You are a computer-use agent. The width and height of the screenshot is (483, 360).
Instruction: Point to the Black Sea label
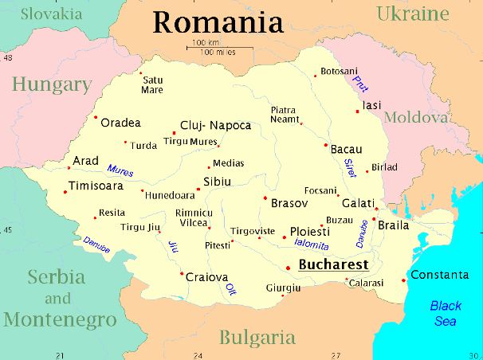[446, 313]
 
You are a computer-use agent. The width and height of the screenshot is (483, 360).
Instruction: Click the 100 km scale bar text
[206, 42]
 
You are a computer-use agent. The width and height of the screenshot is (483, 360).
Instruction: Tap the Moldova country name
[416, 118]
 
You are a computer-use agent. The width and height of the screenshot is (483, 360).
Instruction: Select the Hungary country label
[51, 84]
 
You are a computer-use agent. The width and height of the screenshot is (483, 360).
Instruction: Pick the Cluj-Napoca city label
[216, 126]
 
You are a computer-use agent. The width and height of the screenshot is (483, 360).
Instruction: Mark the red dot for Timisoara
[65, 191]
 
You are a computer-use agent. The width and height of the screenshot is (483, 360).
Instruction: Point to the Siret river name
[348, 166]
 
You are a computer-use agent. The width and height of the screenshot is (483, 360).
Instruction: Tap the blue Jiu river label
[171, 246]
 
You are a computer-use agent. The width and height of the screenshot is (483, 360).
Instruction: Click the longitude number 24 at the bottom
[198, 354]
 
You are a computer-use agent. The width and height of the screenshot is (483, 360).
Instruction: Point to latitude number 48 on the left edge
[8, 58]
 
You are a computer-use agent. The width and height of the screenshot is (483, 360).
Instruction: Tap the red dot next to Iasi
[358, 111]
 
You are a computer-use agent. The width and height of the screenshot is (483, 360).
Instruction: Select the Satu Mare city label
[151, 84]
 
